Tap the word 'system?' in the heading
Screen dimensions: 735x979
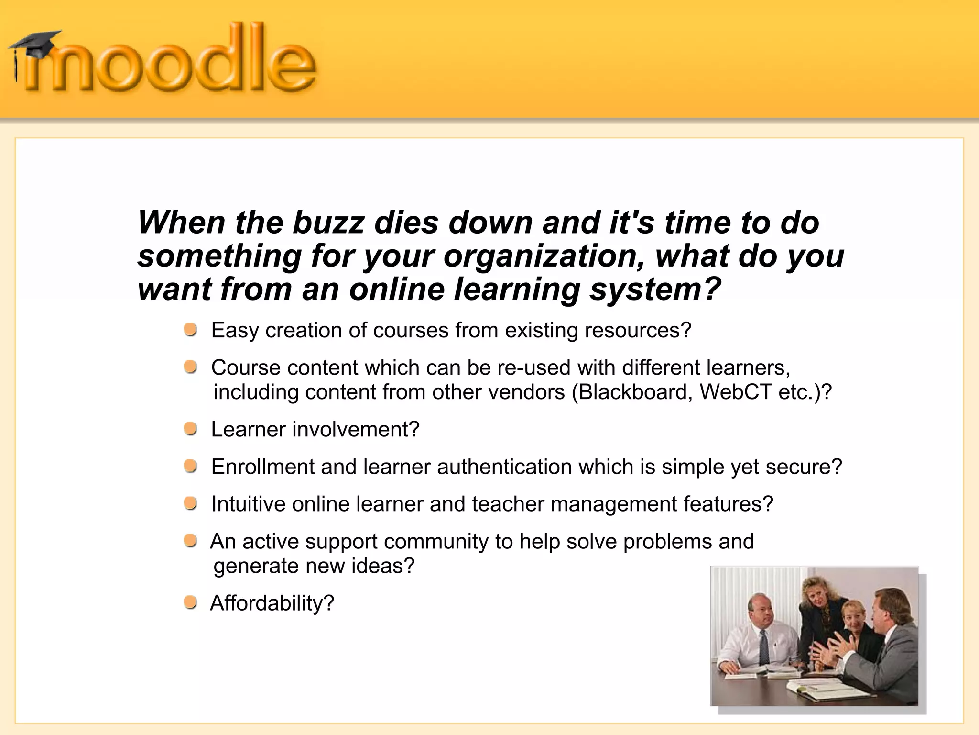[x=655, y=290]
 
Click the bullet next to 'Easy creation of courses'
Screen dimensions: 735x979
[x=191, y=329]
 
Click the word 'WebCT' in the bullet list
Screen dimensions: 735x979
[x=735, y=392]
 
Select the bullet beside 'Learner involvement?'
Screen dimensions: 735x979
[x=191, y=429]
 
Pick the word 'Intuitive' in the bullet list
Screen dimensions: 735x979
[x=248, y=504]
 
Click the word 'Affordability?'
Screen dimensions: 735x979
[x=272, y=603]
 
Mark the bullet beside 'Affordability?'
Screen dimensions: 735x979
[x=191, y=602]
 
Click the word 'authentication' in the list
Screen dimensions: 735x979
[x=504, y=467]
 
